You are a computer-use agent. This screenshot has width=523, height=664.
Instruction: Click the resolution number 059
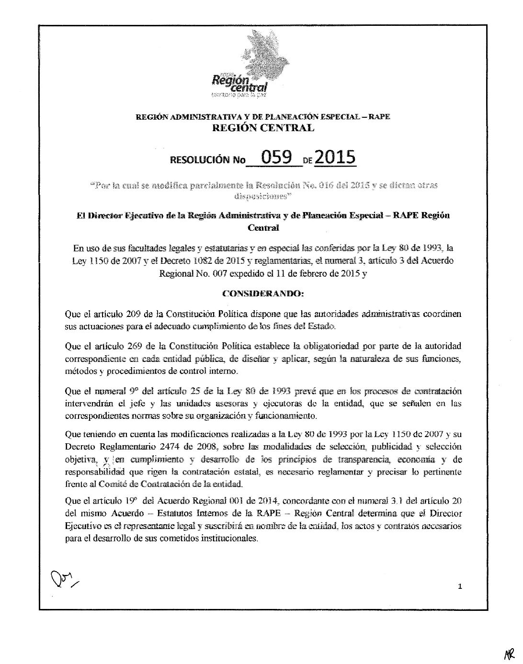click(x=275, y=158)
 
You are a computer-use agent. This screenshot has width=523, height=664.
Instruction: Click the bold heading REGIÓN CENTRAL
click(x=263, y=128)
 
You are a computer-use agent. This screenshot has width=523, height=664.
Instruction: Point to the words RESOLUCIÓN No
click(x=207, y=160)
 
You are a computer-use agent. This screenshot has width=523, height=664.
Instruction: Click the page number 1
click(x=460, y=587)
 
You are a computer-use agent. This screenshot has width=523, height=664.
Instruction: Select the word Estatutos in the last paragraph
click(x=178, y=514)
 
